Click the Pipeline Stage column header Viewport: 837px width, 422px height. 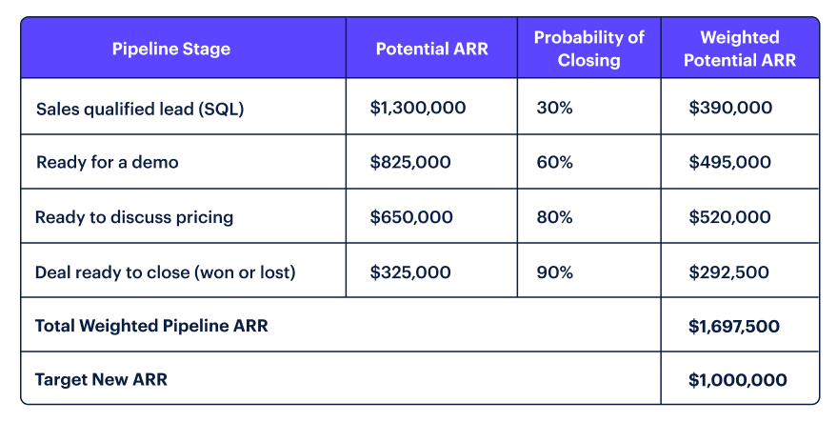pos(171,49)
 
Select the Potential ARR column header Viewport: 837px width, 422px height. pos(431,49)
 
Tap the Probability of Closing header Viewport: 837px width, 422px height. pos(588,49)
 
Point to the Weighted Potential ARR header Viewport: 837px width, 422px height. pos(739,49)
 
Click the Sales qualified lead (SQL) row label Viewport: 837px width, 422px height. pos(140,108)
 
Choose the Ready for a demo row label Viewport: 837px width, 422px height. pos(107,162)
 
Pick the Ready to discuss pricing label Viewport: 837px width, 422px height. pos(134,217)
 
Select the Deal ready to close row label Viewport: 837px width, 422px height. pos(166,271)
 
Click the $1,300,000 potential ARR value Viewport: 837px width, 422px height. pos(418,108)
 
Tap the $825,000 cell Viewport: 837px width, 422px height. pos(410,162)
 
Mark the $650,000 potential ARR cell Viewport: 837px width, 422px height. pos(411,217)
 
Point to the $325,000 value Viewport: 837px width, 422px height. pos(410,271)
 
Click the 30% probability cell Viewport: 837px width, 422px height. pos(554,108)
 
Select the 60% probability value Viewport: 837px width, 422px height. pos(554,162)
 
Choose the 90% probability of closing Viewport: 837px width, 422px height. pos(554,271)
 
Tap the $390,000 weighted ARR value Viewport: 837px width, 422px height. pos(729,108)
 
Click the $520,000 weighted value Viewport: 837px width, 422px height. pos(729,217)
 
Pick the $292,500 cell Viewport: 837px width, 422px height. pos(729,271)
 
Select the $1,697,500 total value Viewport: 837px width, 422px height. pos(734,326)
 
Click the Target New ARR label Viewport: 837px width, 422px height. pos(101,380)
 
